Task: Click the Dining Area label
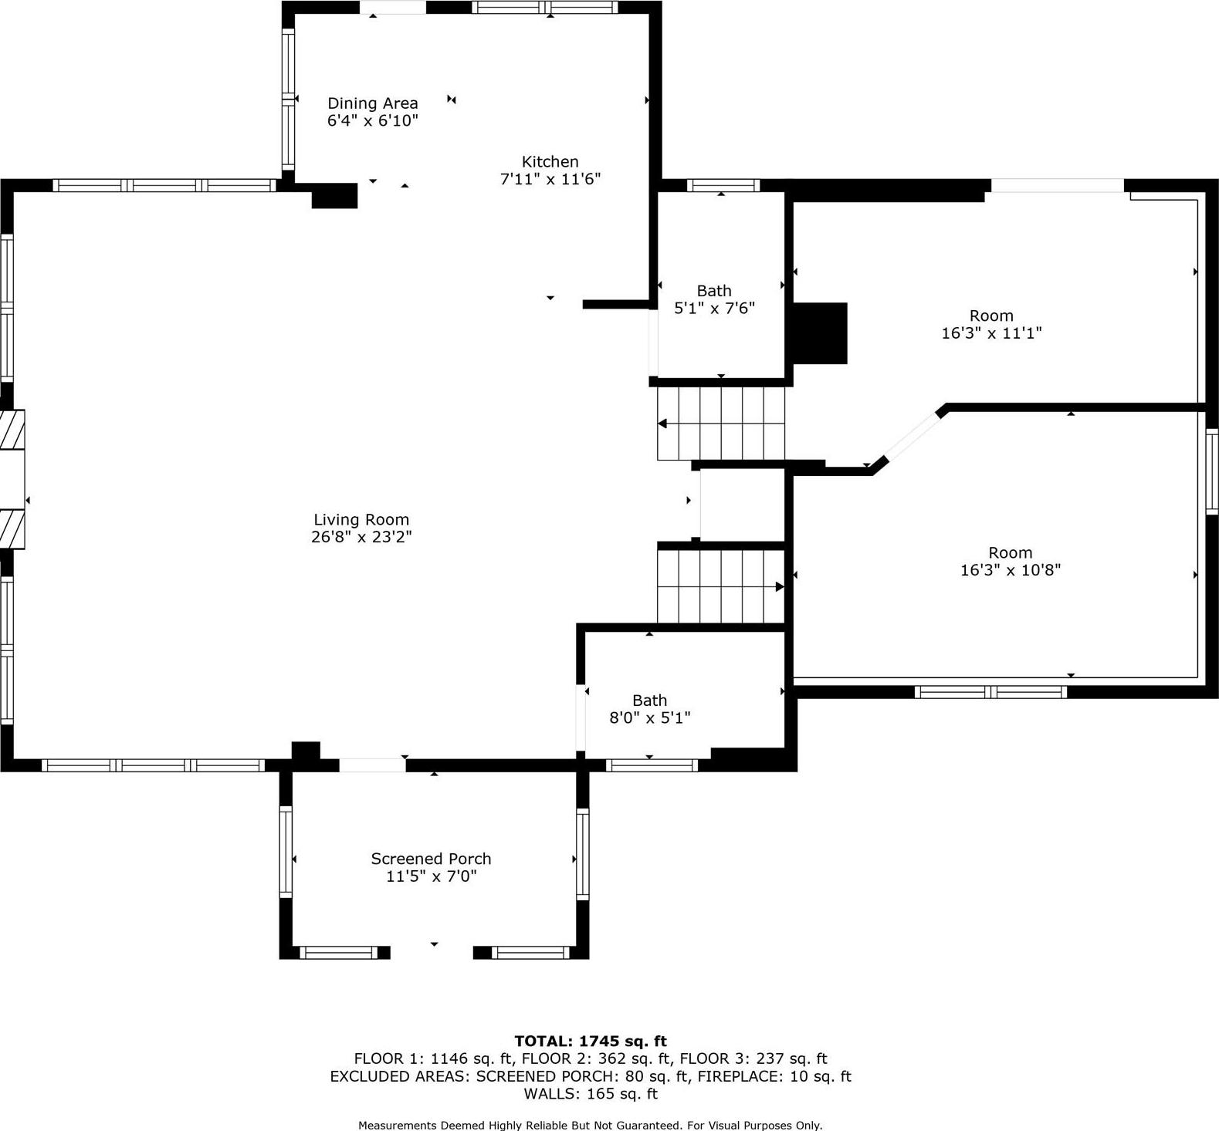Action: (x=372, y=103)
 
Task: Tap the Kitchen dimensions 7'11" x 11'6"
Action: (x=550, y=179)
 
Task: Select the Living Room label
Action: (x=361, y=520)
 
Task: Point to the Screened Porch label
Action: (x=431, y=859)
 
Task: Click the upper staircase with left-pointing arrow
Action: (x=720, y=423)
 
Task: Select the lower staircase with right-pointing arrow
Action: (x=720, y=586)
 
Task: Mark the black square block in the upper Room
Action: (x=820, y=333)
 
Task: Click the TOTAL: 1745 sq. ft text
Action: (x=591, y=1042)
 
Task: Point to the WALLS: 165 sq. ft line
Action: (x=591, y=1093)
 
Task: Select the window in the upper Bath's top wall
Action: (x=723, y=185)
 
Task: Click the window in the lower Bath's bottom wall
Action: (x=652, y=765)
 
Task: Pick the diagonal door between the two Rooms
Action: (x=912, y=437)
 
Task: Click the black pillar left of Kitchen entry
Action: (x=334, y=196)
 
